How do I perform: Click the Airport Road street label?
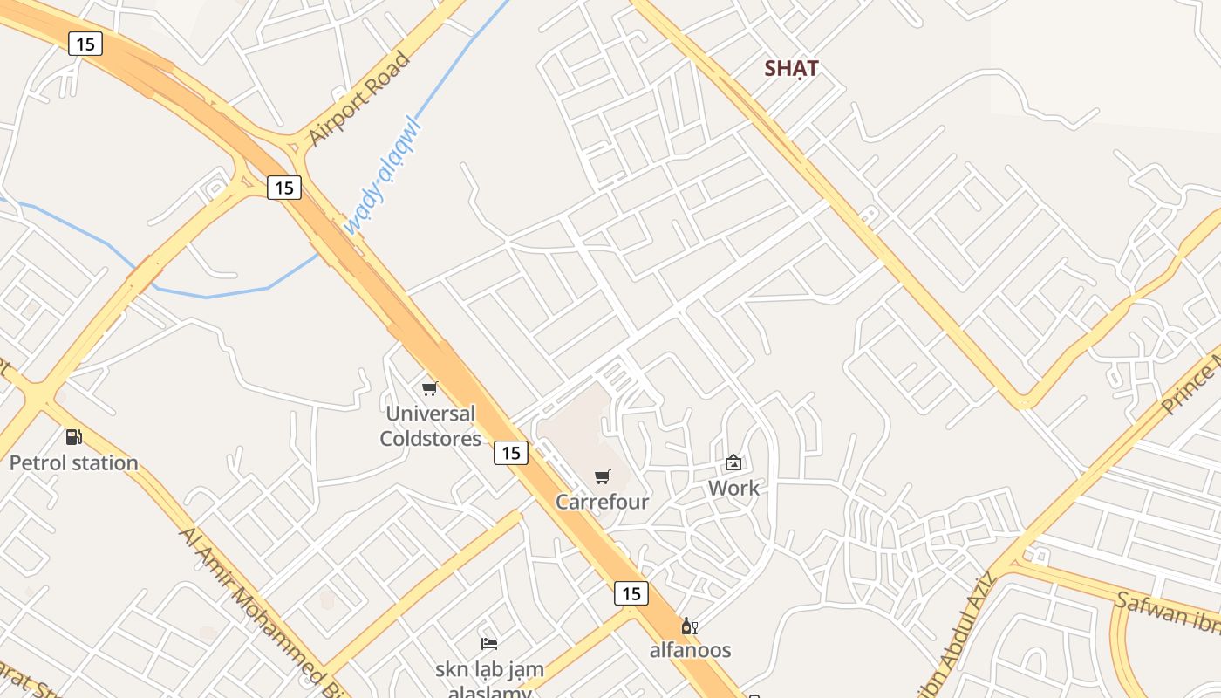359,99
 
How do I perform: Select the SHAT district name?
791,68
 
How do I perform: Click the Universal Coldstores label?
430,426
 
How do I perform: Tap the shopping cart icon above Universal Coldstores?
429,388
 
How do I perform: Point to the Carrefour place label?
602,502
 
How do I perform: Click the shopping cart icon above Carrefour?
602,476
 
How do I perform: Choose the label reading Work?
733,488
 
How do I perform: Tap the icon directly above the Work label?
733,462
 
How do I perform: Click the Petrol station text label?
74,462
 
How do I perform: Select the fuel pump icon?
74,437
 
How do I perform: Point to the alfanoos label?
690,650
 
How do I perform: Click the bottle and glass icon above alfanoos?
689,626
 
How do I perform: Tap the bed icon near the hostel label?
489,644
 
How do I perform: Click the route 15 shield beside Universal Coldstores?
511,452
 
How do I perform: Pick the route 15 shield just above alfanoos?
631,593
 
